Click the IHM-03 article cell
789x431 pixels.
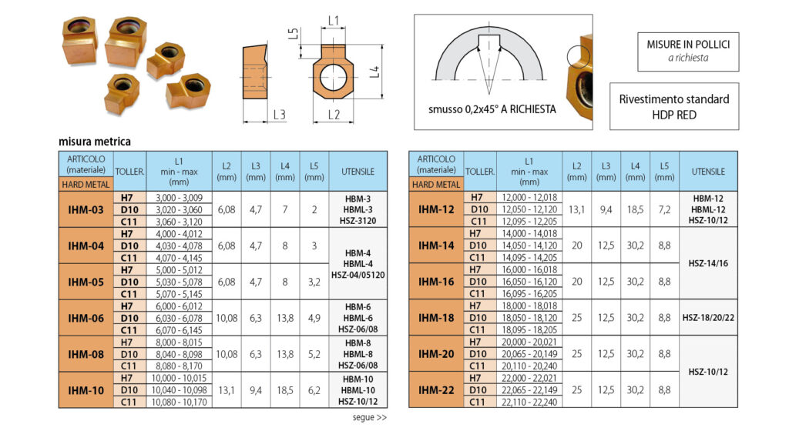pos(86,209)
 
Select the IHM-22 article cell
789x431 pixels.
pos(436,389)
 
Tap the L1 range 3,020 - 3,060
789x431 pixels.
pos(179,210)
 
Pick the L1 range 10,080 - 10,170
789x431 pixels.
pos(179,403)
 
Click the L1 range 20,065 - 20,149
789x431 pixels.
pos(529,354)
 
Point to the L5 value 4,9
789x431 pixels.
pos(314,318)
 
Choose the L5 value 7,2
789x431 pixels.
pos(664,209)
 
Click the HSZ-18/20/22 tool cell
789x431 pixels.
pos(709,318)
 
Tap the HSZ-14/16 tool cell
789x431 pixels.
pos(709,264)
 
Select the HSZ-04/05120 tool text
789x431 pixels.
pos(358,276)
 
